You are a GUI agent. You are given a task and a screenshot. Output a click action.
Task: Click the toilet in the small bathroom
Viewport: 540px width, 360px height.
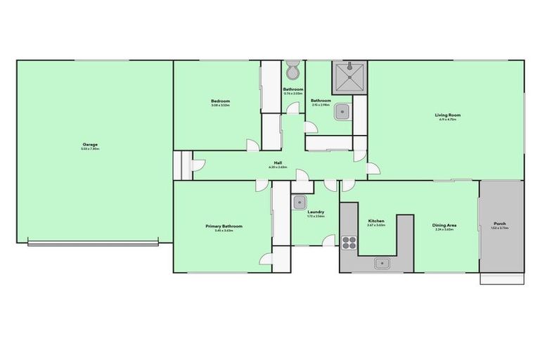point(292,70)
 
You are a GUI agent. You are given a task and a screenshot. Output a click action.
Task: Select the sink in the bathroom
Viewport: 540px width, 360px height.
point(342,110)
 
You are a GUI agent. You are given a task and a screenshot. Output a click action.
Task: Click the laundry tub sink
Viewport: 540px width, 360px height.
point(300,202)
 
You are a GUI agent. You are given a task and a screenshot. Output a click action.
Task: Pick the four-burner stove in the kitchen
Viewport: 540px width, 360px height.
point(349,243)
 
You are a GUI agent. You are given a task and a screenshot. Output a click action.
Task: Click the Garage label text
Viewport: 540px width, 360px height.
point(90,145)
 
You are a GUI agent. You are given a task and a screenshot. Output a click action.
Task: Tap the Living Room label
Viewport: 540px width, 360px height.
point(447,115)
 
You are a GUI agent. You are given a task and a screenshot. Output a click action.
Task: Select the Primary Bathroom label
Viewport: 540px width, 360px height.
point(224,226)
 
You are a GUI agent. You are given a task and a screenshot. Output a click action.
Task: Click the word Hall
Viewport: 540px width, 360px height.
point(278,163)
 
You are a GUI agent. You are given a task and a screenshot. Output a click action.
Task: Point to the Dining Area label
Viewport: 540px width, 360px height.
point(444,225)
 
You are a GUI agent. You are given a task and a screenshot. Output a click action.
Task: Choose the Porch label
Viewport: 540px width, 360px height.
point(500,224)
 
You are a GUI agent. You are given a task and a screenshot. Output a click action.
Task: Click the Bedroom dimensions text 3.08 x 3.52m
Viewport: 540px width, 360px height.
point(221,105)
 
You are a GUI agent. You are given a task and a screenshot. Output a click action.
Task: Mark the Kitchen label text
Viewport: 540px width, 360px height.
point(376,221)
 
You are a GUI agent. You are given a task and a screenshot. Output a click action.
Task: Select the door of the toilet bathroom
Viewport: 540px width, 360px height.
point(290,108)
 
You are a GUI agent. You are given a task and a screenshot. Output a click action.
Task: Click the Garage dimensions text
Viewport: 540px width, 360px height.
point(90,149)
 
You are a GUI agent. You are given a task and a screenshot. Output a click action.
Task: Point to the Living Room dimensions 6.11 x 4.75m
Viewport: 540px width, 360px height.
point(447,120)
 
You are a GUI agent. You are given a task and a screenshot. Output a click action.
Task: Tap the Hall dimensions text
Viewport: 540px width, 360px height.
point(278,167)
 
